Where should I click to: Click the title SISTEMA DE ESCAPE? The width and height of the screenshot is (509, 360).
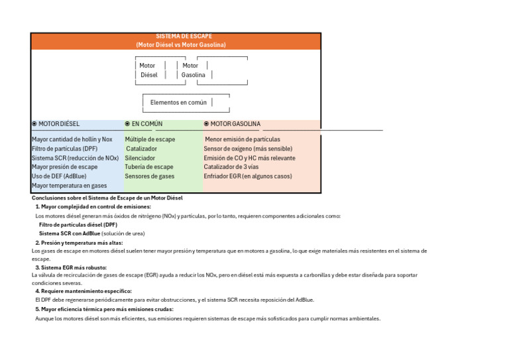click(175, 36)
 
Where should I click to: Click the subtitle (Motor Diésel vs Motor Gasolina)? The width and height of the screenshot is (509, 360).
click(175, 45)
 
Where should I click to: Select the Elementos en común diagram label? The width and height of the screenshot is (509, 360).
click(178, 103)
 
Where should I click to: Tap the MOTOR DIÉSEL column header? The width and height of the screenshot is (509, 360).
click(58, 124)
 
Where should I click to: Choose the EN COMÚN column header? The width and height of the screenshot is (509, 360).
click(146, 124)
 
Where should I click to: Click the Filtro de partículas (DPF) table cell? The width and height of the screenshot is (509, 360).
click(64, 149)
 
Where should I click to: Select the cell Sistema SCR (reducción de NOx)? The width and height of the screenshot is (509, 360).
click(75, 158)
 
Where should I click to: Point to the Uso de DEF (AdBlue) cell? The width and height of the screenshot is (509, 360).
click(59, 176)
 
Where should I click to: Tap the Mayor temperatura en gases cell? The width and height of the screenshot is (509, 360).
click(69, 186)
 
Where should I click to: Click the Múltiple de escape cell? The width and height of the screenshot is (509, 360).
click(150, 140)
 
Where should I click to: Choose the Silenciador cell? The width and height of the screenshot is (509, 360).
click(140, 158)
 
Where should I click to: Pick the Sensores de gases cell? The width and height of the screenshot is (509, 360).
click(150, 176)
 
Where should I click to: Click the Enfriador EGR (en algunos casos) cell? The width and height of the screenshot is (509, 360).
click(248, 176)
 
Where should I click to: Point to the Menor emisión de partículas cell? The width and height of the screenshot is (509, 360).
click(243, 140)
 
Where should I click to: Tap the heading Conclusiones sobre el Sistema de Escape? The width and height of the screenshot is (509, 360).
click(107, 198)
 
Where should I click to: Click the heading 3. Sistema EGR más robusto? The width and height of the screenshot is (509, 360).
click(71, 268)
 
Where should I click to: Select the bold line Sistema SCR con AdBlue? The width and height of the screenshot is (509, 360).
click(70, 233)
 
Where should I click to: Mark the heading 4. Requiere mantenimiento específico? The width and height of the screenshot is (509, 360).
click(84, 291)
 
